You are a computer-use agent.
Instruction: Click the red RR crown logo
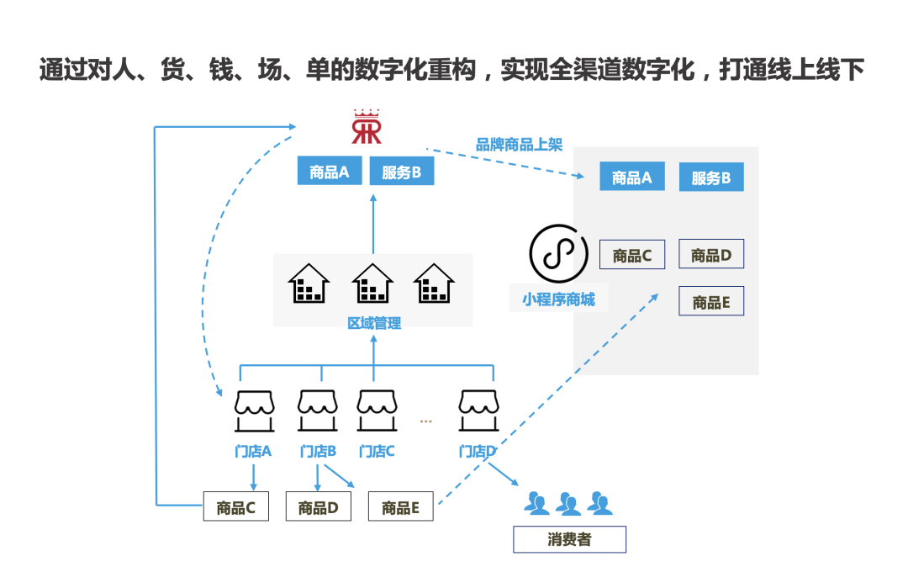(367, 127)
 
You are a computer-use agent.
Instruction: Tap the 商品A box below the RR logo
(329, 172)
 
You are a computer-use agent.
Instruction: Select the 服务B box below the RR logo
(402, 172)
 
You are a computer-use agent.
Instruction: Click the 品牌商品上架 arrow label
(519, 145)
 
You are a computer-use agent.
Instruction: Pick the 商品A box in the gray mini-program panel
(631, 177)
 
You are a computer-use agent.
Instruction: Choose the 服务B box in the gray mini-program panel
(710, 178)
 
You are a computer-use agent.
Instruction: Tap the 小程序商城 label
(558, 299)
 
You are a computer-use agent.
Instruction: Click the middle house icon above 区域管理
(372, 283)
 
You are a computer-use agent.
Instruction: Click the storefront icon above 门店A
(254, 410)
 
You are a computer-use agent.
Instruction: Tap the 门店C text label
(376, 452)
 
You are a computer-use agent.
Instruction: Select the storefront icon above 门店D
(479, 410)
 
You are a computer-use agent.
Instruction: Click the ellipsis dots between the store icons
(425, 421)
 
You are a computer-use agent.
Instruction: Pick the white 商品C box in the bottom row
(235, 507)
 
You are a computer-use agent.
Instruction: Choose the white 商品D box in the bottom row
(318, 507)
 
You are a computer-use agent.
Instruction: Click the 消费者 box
(569, 539)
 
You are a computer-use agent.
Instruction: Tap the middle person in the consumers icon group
(568, 503)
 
